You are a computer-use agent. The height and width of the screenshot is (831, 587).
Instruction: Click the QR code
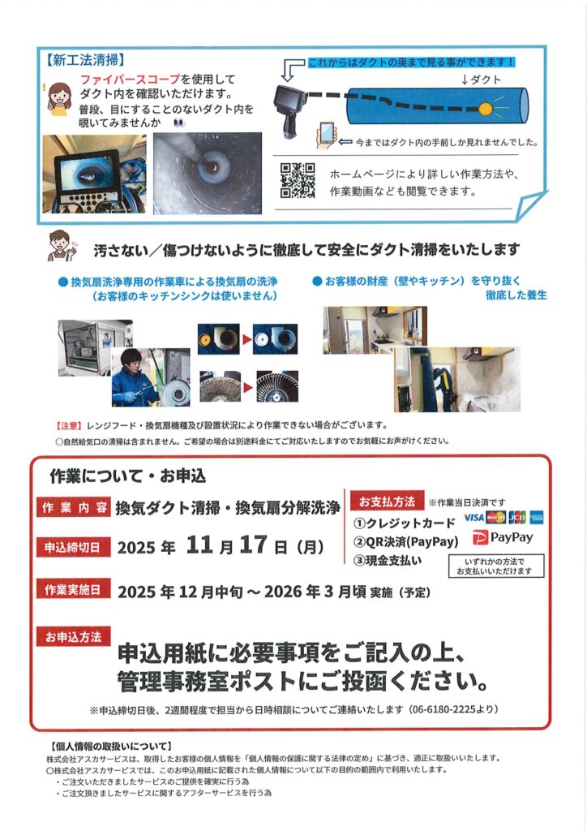(298, 180)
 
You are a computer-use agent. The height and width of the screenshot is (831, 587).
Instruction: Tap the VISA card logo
(473, 517)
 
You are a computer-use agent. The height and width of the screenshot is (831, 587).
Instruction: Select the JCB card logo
(517, 517)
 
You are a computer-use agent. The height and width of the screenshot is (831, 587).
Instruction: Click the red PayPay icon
(480, 538)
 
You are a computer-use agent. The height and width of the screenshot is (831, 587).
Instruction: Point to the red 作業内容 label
(74, 507)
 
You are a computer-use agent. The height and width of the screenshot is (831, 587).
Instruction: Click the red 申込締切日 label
(74, 547)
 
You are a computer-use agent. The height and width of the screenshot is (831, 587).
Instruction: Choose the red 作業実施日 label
(74, 589)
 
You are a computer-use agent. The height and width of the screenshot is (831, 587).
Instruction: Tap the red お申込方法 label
(74, 636)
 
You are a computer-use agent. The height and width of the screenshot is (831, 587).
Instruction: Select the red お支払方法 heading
(388, 501)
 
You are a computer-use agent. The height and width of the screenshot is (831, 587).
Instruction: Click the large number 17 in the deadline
(253, 545)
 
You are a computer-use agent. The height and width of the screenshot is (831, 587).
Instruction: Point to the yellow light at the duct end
(486, 110)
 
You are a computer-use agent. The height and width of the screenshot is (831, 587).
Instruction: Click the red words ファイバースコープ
(131, 80)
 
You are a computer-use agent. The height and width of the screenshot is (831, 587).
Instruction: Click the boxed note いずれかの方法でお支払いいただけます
(496, 566)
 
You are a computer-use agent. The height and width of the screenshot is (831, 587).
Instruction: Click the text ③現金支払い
(388, 560)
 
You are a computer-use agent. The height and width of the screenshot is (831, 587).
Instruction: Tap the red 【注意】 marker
(69, 425)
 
